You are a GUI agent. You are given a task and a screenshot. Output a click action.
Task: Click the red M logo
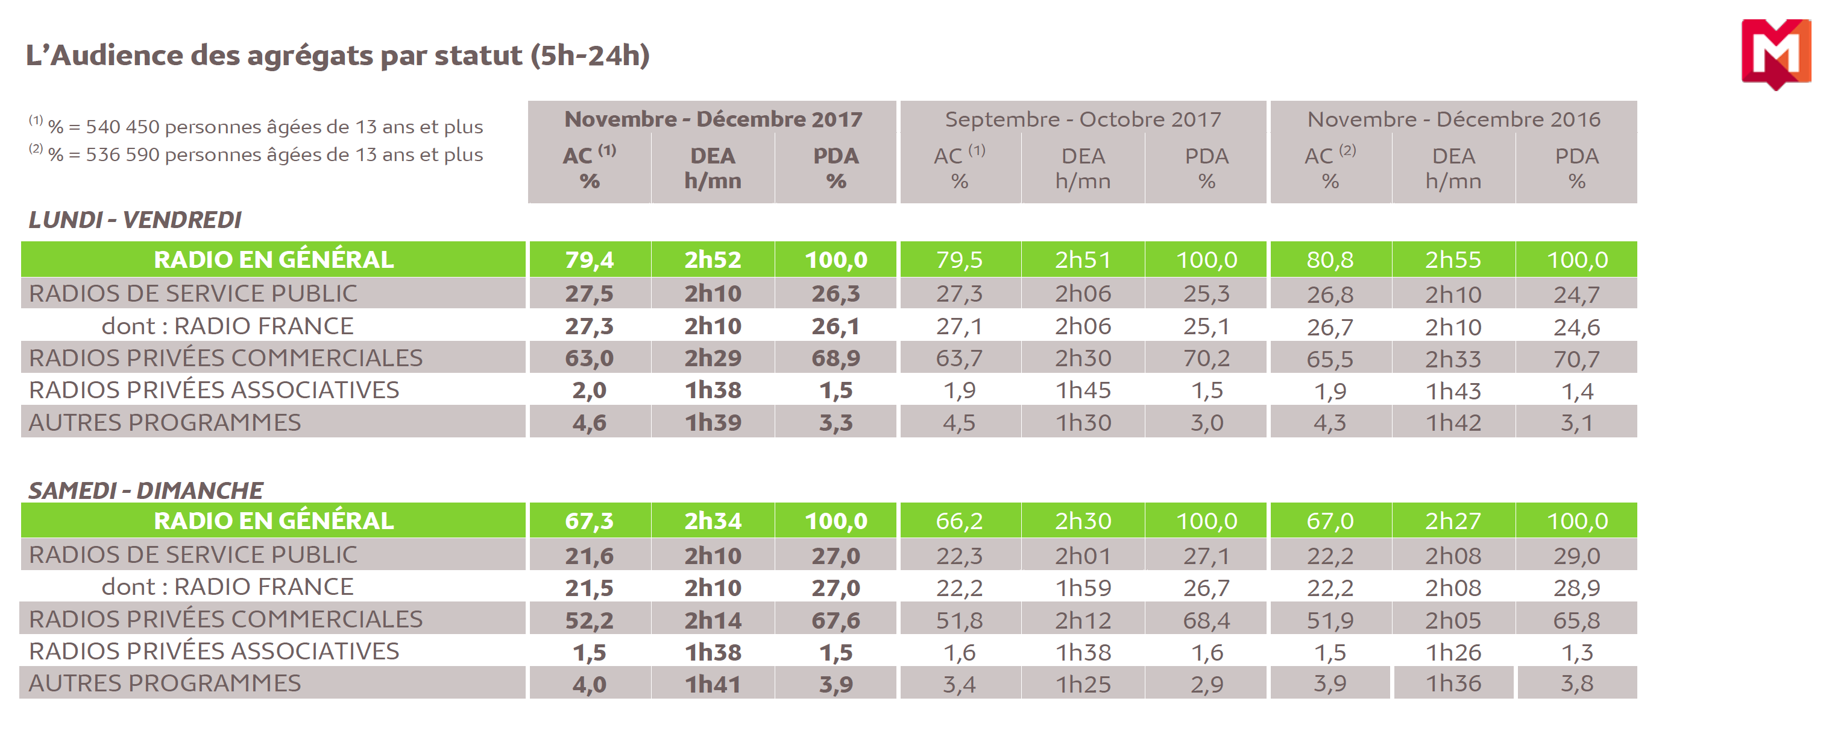point(1775,54)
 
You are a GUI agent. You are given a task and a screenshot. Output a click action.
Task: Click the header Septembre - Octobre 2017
point(1083,119)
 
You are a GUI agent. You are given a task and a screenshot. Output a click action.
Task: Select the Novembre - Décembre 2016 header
point(1453,119)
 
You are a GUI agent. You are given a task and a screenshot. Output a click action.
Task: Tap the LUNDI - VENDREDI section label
point(135,220)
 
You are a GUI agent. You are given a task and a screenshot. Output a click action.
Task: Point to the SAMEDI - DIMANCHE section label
point(145,490)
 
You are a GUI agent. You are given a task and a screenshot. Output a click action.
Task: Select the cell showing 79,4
point(590,260)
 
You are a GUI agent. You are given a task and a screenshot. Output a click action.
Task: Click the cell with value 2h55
point(1453,260)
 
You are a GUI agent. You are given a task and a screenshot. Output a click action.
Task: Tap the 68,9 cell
point(836,358)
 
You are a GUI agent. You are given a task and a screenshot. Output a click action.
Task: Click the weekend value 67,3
point(590,521)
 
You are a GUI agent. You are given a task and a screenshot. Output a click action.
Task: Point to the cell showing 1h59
point(1083,588)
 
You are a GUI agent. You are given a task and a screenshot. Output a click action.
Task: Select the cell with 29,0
point(1576,556)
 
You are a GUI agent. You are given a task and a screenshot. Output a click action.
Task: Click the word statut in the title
point(479,56)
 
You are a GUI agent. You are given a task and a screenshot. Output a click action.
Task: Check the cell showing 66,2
point(959,521)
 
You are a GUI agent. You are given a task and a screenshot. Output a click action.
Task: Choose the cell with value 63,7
point(959,358)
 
